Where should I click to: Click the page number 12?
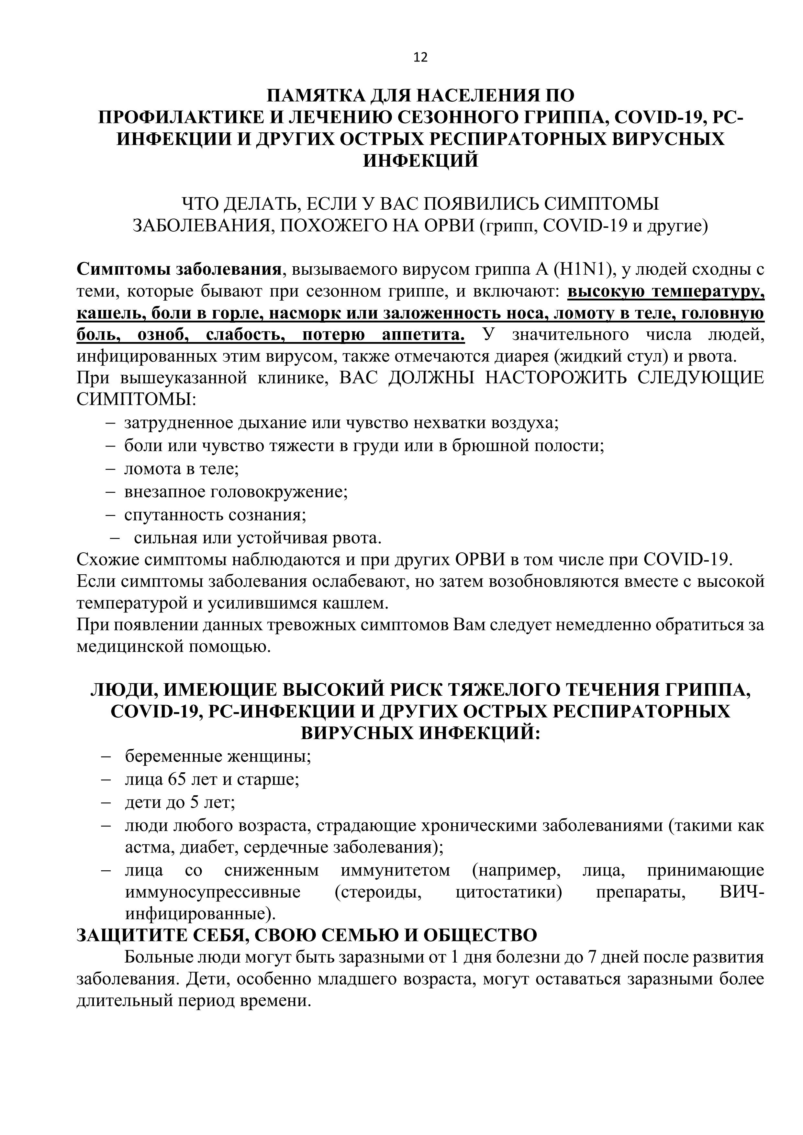pos(420,58)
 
